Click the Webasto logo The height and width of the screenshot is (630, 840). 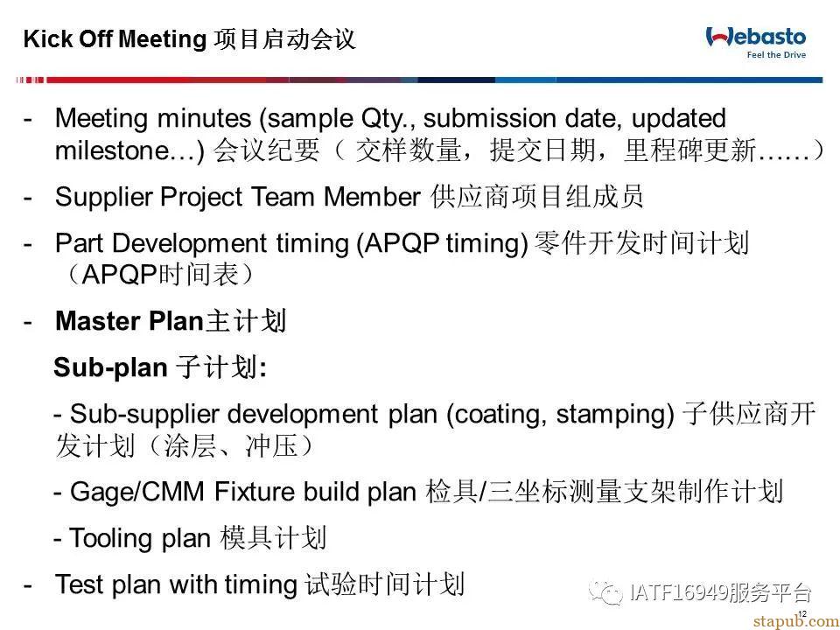tap(755, 37)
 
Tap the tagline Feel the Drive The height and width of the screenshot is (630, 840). tap(776, 54)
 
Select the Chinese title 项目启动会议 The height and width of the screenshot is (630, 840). tap(284, 39)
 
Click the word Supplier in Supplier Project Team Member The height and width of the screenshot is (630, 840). tap(103, 198)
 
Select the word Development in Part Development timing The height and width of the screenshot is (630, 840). tap(190, 244)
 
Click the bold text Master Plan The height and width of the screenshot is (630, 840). tap(129, 321)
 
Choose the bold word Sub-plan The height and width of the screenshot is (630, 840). tap(110, 368)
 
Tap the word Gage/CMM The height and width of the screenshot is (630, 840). tap(137, 492)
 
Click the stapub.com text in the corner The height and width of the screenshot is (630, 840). tap(796, 621)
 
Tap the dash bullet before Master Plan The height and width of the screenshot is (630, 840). tap(27, 322)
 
